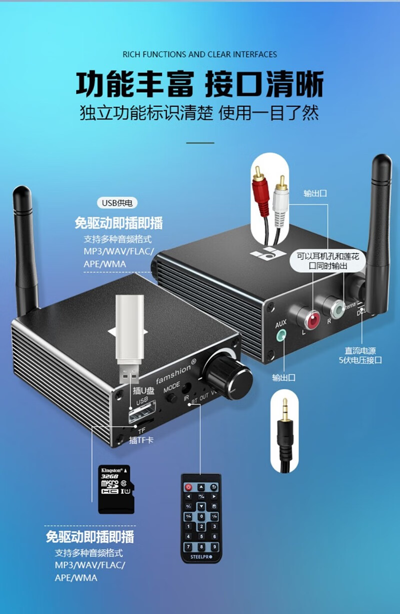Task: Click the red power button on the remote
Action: (188, 487)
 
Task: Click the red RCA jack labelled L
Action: (313, 319)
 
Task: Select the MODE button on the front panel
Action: (172, 398)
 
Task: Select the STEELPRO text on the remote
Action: (201, 557)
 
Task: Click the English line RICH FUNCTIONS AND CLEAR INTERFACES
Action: (199, 54)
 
